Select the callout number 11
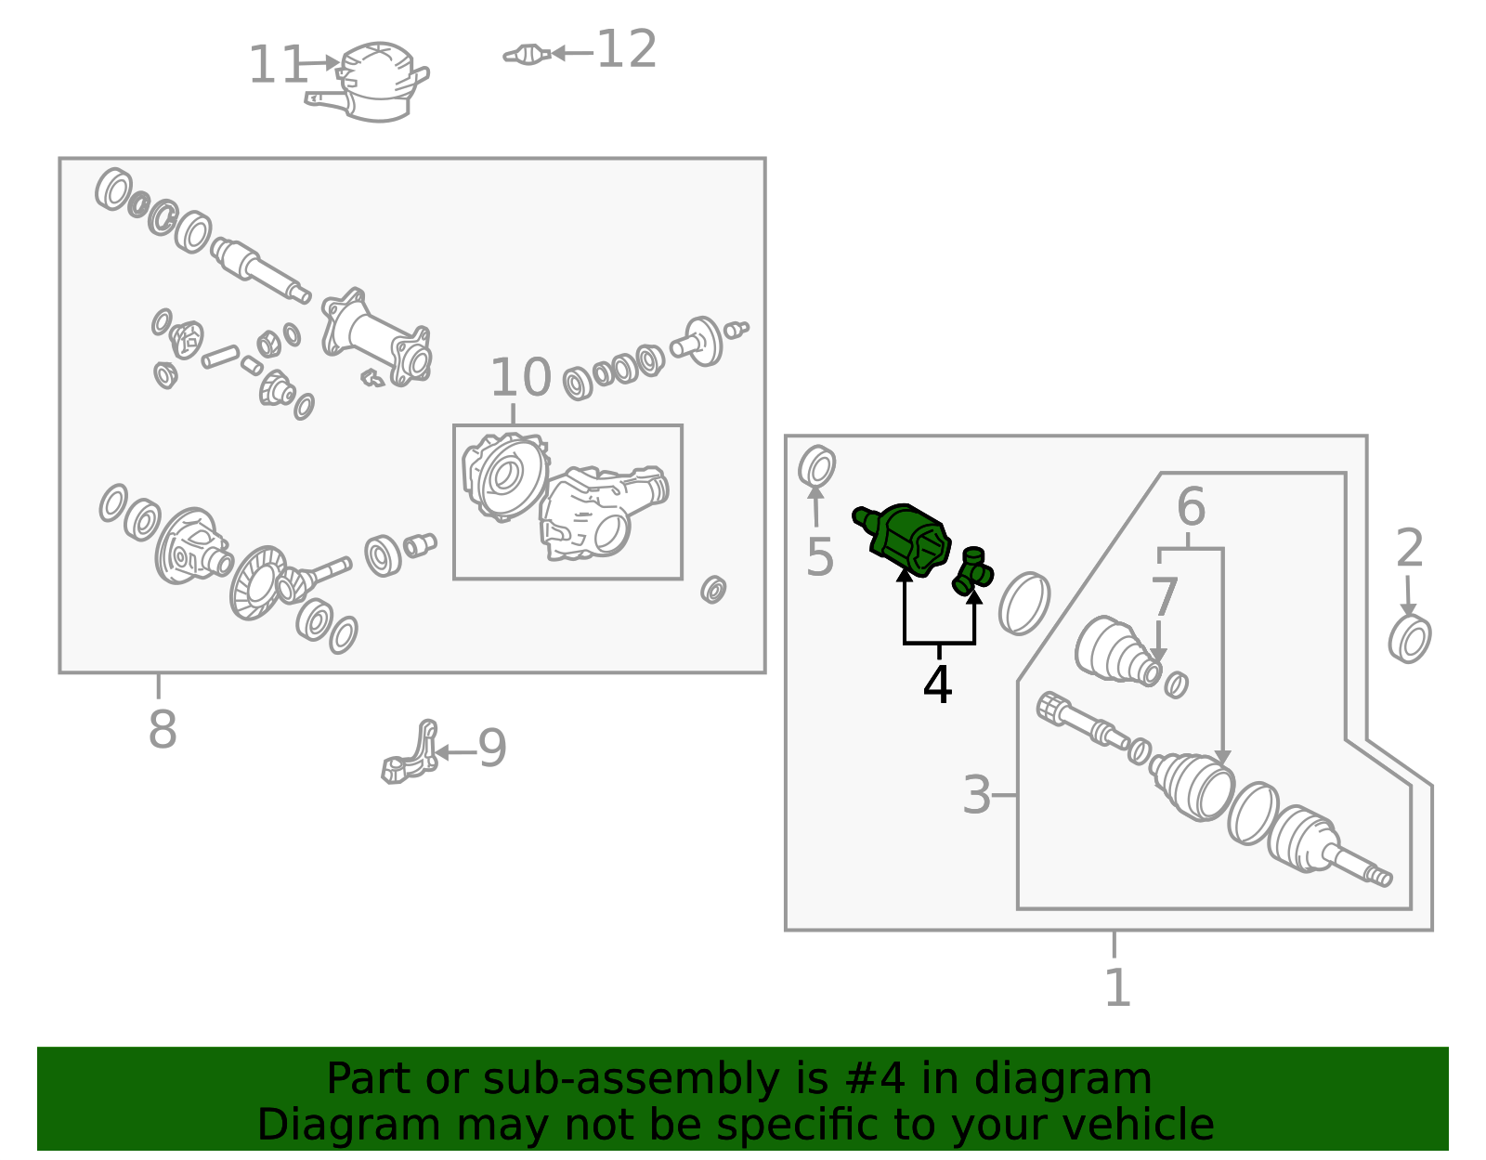(x=277, y=65)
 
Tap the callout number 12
(x=626, y=49)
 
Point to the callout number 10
(x=520, y=377)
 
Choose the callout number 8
(x=163, y=729)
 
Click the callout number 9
(x=491, y=748)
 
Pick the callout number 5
(x=820, y=556)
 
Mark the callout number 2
(x=1410, y=548)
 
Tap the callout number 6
(x=1191, y=506)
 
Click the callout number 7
(x=1165, y=597)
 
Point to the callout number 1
(x=1117, y=987)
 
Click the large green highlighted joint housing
(x=904, y=540)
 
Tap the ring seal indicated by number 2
(x=1410, y=638)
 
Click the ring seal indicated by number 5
(x=816, y=467)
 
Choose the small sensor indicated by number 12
(x=527, y=55)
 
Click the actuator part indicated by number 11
(x=368, y=82)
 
